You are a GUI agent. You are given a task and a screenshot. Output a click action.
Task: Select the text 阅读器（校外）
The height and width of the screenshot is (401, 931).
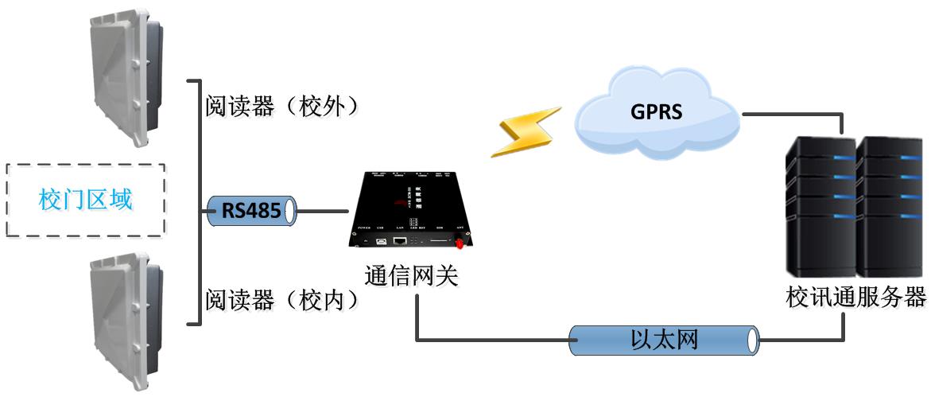pos(281,107)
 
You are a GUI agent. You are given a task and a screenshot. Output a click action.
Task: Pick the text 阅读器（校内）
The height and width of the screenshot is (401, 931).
pos(281,299)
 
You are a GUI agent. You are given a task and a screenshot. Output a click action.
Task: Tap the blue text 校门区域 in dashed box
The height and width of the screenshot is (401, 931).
pos(85,200)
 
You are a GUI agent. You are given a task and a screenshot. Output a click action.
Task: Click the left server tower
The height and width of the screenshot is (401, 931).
pos(820,207)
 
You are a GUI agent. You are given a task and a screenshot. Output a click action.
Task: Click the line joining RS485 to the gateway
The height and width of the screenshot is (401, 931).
pos(322,212)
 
